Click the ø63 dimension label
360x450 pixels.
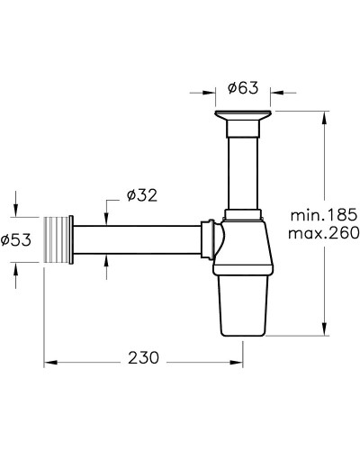243,88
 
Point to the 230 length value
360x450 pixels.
143,357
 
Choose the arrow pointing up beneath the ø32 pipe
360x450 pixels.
107,260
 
